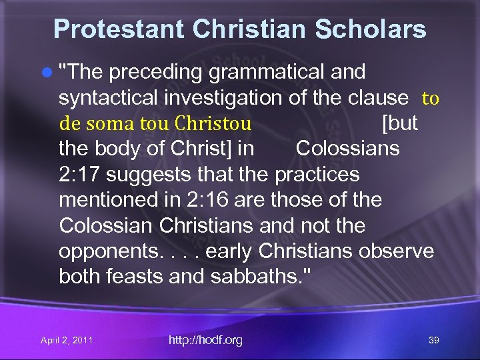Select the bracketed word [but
point(399,123)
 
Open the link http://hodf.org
point(205,341)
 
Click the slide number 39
point(434,341)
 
